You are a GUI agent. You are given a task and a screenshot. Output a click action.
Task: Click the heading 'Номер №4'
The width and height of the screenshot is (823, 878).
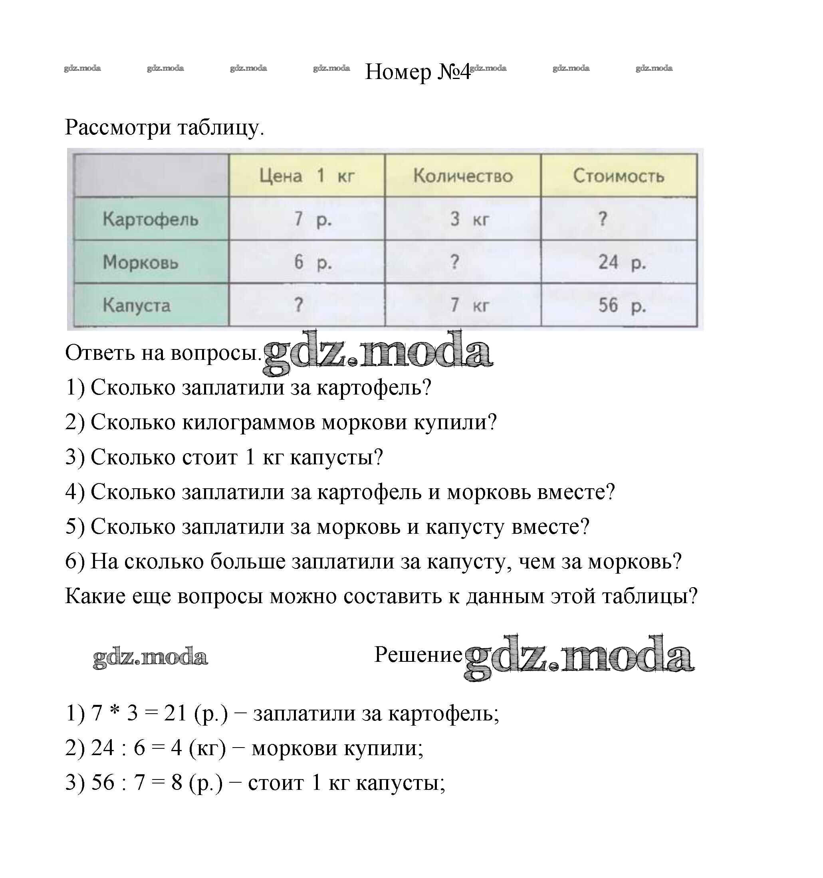[418, 71]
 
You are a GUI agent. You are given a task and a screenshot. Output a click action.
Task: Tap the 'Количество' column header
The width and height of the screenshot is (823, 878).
[463, 176]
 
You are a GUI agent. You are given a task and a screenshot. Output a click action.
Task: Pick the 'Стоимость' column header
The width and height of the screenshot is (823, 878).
[619, 176]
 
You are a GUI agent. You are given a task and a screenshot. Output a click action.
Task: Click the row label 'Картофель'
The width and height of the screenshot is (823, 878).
[150, 219]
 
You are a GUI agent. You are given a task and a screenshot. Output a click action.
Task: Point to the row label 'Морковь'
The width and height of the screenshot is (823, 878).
[141, 262]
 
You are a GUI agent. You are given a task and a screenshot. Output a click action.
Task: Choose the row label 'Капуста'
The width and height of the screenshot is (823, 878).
[137, 305]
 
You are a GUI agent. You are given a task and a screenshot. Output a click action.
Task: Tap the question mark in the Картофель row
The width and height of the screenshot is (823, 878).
[603, 219]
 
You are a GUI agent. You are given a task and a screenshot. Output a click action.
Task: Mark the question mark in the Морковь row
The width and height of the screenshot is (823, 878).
[454, 262]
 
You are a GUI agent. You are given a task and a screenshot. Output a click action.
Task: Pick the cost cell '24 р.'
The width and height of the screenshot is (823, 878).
[622, 262]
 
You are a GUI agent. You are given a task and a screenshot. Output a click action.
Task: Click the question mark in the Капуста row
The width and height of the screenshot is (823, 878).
[299, 305]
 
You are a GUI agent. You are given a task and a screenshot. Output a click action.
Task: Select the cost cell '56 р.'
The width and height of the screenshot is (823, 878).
[622, 305]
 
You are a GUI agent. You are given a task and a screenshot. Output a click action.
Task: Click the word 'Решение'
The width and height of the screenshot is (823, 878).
[418, 654]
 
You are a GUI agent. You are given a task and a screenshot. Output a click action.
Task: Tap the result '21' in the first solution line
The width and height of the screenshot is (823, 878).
[175, 713]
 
